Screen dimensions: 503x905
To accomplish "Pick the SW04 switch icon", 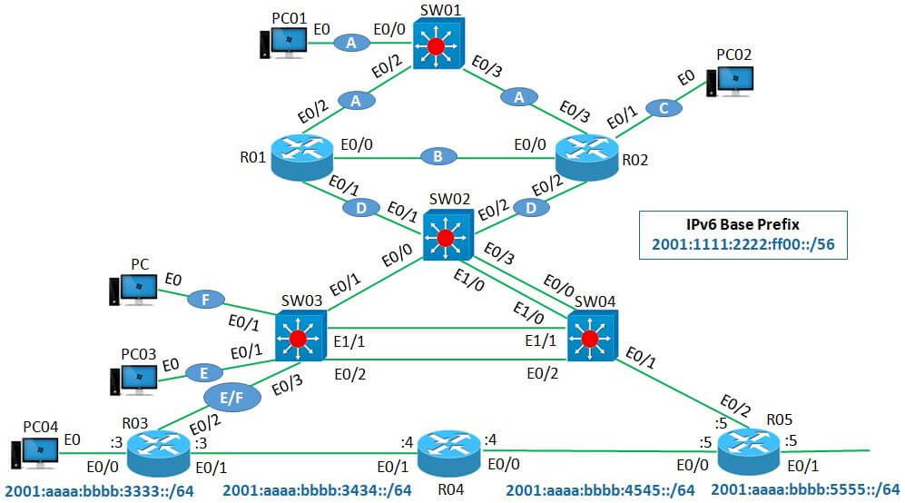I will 591,337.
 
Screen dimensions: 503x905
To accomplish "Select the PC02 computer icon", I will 733,82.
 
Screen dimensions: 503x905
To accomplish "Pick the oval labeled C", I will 665,108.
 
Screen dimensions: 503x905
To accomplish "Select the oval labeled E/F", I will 228,397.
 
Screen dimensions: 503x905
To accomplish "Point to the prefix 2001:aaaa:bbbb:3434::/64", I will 318,491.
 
